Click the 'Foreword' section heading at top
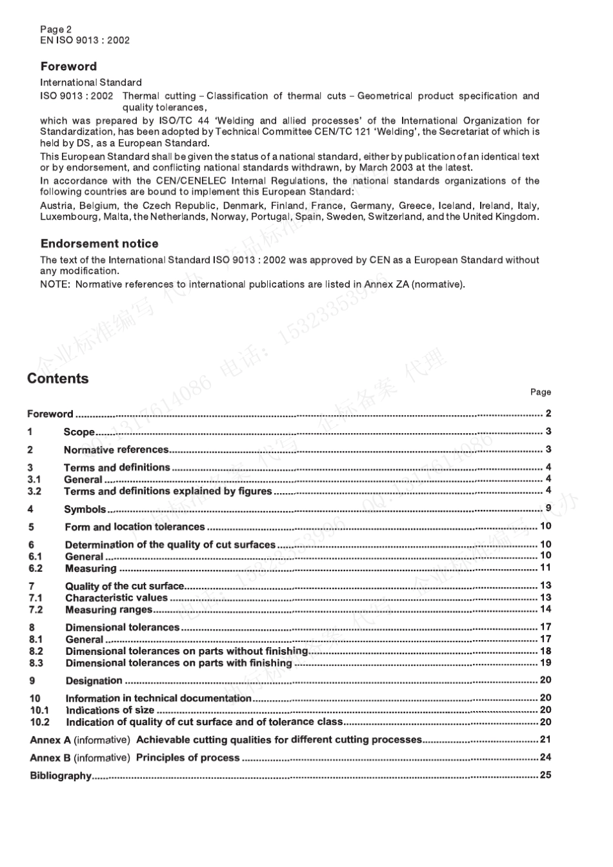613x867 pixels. [x=68, y=66]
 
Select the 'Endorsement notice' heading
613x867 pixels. [x=99, y=244]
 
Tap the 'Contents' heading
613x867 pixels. [x=58, y=379]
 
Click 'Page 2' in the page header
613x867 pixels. [x=56, y=29]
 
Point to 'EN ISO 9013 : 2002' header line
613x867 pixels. [x=85, y=40]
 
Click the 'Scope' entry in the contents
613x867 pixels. [x=79, y=432]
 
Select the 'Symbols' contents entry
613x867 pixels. [x=85, y=509]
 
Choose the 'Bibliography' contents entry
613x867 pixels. [x=61, y=775]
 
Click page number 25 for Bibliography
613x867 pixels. [x=545, y=775]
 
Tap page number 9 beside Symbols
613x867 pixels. [x=548, y=509]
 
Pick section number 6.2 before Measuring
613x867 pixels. [x=35, y=569]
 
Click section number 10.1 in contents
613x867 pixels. [x=39, y=710]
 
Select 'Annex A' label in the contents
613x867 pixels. [x=50, y=740]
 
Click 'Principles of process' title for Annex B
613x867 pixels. [x=188, y=757]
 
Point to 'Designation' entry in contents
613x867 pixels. [x=94, y=681]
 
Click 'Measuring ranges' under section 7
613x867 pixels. [x=109, y=610]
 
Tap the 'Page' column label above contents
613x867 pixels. [x=540, y=392]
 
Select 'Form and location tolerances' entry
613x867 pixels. [x=135, y=527]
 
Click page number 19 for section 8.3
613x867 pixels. [x=545, y=663]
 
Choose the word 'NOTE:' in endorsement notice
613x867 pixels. [x=54, y=284]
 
